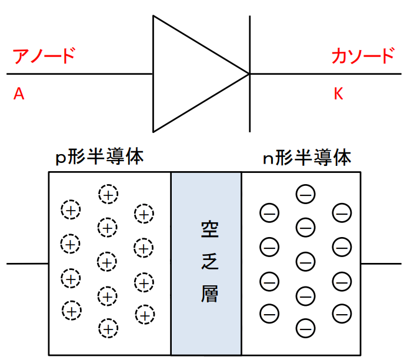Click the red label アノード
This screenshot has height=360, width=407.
44,55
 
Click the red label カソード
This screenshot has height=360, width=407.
363,55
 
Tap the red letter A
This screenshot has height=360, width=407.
19,94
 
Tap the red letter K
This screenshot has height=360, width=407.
338,94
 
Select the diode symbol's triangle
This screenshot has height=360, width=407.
154,74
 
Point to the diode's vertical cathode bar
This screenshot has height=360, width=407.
250,74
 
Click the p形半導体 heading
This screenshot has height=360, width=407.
99,156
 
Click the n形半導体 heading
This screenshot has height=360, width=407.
307,157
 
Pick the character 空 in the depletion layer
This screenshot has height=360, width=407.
210,229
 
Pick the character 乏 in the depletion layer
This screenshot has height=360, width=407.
210,261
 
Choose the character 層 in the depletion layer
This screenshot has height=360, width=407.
209,294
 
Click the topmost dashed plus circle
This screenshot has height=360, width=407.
108,194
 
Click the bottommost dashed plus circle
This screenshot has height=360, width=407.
108,328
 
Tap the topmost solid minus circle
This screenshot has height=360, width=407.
305,194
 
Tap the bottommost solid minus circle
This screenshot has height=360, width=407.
305,328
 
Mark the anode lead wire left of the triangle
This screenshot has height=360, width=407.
79,74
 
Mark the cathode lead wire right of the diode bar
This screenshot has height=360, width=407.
326,74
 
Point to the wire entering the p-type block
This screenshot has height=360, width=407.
28,264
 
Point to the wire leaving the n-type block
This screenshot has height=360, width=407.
381,264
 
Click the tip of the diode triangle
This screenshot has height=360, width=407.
249,74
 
